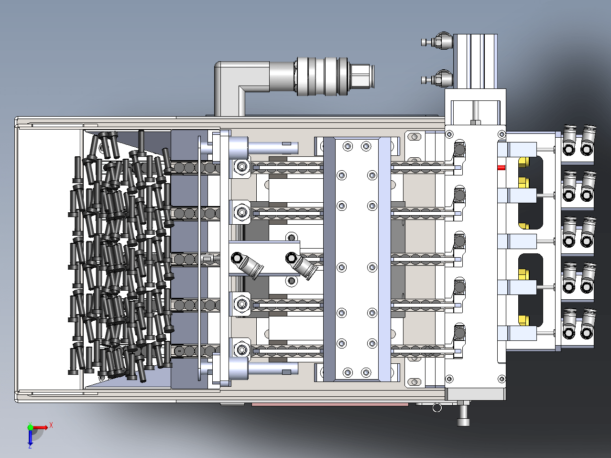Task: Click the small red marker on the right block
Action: click(x=501, y=167)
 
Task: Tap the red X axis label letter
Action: click(x=51, y=425)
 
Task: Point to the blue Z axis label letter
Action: click(x=30, y=447)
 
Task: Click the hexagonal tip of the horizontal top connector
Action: click(x=362, y=76)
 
